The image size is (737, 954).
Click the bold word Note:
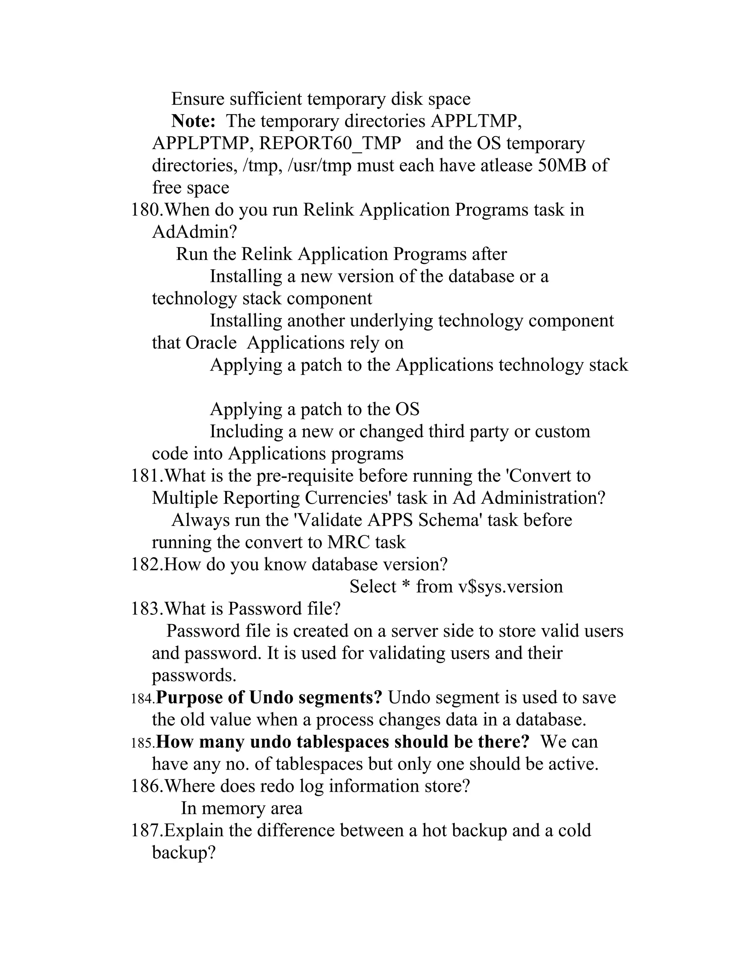(x=193, y=121)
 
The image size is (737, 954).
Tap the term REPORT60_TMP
(x=330, y=143)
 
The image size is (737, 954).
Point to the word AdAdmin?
(x=194, y=232)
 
